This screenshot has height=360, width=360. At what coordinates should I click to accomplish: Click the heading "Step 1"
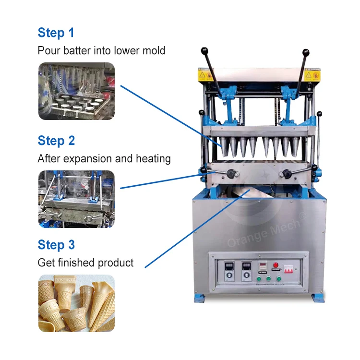pyautogui.click(x=56, y=33)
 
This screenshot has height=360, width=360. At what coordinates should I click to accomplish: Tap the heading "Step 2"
pyautogui.click(x=56, y=141)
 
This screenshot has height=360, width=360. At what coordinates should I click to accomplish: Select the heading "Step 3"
pyautogui.click(x=56, y=245)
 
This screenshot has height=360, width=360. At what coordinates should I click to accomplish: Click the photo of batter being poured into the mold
pyautogui.click(x=76, y=91)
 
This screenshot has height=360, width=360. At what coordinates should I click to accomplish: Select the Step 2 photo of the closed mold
pyautogui.click(x=76, y=199)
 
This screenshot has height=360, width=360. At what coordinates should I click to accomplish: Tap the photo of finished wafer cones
pyautogui.click(x=76, y=303)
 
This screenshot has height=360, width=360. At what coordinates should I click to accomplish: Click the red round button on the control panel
pyautogui.click(x=276, y=264)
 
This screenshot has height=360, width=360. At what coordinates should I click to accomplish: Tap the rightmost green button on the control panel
pyautogui.click(x=278, y=277)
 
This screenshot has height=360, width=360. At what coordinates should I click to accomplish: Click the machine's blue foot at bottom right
pyautogui.click(x=318, y=298)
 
